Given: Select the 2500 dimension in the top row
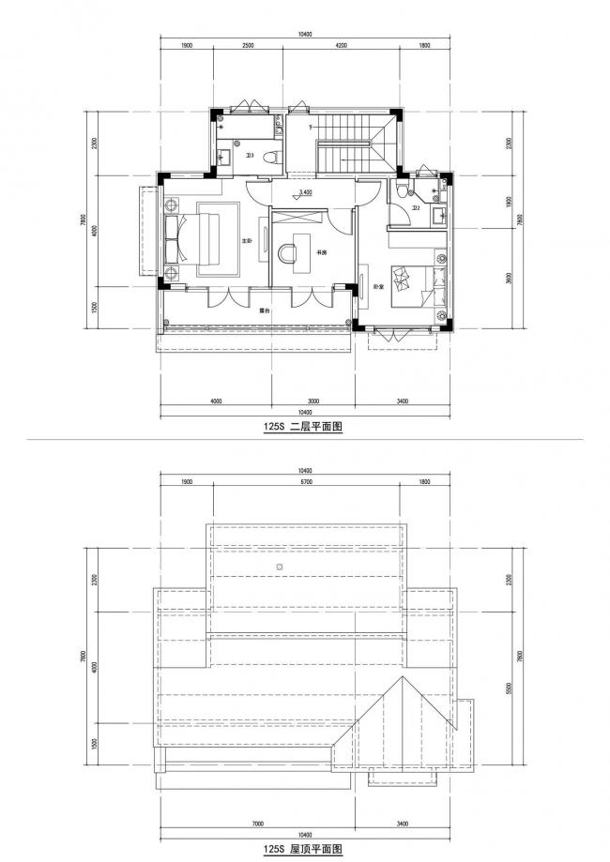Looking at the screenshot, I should [247, 45].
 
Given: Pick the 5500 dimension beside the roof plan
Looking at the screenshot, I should [508, 688].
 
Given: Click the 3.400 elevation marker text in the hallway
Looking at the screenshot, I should [305, 193].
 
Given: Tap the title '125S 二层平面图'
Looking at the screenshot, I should [305, 427].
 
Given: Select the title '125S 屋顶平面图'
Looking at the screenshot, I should [305, 849].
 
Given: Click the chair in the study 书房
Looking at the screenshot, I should [286, 251].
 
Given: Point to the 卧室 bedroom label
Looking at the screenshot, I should [377, 286].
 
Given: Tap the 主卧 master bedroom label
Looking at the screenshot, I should [248, 241].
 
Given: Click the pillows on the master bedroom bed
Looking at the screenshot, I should [174, 240].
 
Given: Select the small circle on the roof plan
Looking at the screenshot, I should [279, 568].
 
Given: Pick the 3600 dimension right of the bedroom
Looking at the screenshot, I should [508, 278].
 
